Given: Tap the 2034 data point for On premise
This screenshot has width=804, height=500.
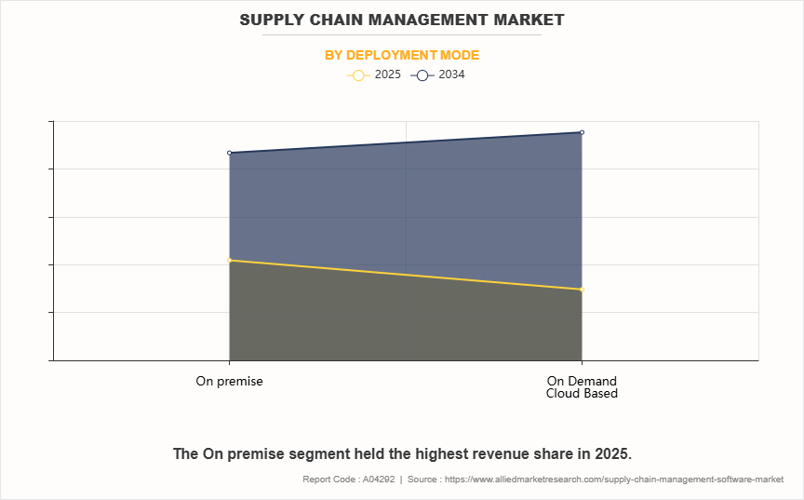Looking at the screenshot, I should coord(229,153).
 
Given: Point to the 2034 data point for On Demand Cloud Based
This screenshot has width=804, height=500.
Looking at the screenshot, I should coord(582,132).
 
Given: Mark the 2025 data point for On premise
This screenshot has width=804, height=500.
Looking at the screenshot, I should coord(229,260).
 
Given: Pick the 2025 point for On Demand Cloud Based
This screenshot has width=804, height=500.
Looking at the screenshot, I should coord(582,290).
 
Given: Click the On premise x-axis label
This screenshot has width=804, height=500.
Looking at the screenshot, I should coord(229,381).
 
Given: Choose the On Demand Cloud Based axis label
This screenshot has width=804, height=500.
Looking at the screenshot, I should coord(582,386).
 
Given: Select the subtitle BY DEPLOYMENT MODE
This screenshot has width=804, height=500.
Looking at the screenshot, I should coord(402,55).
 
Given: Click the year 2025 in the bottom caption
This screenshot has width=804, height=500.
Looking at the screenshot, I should coord(610,454).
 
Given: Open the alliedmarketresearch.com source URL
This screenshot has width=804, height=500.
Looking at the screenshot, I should coord(614,480).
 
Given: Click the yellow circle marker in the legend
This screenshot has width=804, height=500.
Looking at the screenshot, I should coord(359,75).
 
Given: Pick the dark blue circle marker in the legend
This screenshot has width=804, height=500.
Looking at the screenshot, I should coord(422,75).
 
